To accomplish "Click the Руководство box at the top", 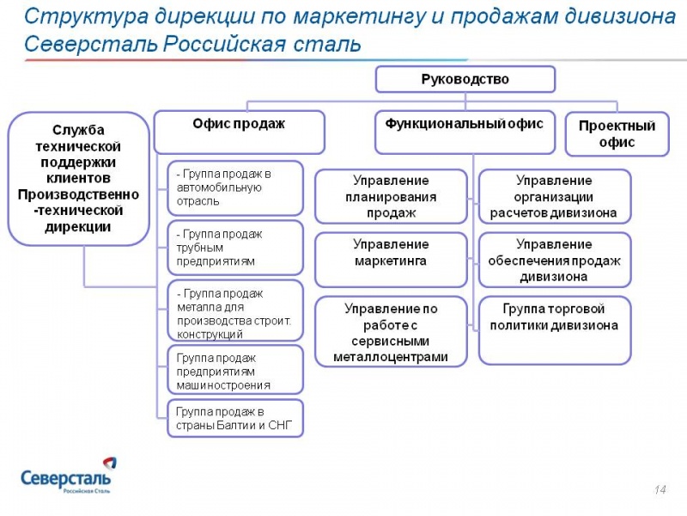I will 465,79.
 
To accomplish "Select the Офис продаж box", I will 239,132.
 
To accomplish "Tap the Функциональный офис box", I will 464,132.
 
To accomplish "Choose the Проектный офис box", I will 617,134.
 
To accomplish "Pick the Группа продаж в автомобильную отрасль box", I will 234,187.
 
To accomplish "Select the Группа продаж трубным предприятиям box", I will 234,247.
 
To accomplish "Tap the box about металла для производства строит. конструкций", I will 234,311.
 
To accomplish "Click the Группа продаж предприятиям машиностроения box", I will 234,370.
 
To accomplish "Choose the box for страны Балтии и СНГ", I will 234,418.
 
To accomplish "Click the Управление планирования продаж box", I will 391,197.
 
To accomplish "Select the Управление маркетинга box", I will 391,259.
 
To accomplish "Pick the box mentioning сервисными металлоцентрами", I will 391,331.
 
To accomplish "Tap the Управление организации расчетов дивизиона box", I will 554,197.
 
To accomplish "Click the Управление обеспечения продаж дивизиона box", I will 554,259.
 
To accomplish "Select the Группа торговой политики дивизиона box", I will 554,329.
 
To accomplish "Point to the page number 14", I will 660,489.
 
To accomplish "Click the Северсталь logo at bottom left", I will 65,476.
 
